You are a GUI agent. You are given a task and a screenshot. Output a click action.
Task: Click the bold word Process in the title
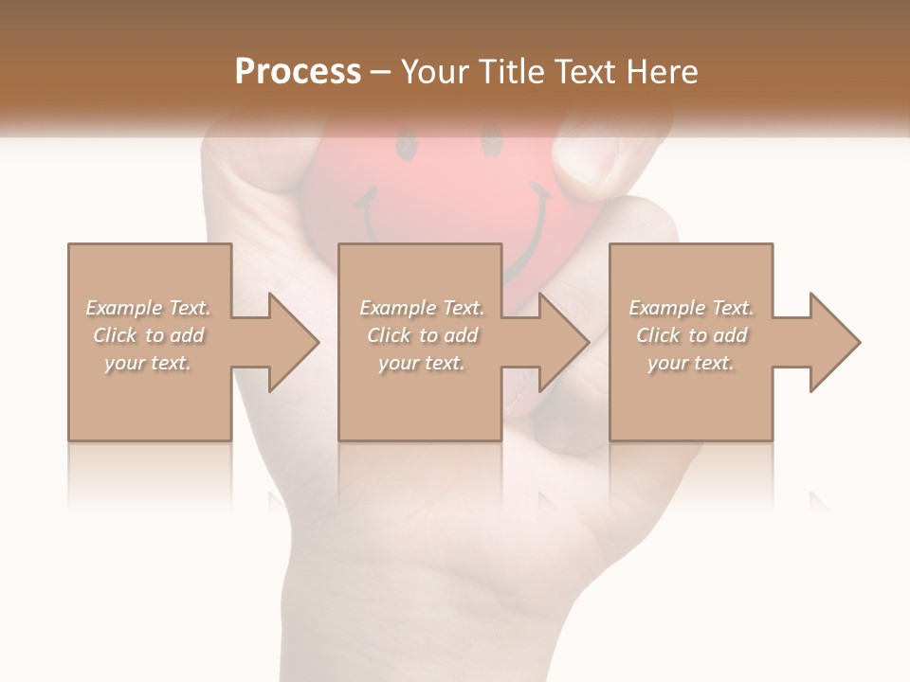tap(298, 72)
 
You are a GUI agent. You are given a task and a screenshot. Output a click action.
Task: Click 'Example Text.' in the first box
tap(148, 308)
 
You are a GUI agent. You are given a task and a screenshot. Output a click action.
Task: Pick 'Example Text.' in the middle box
tap(422, 308)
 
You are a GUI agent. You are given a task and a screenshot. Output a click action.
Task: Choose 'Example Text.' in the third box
tap(691, 308)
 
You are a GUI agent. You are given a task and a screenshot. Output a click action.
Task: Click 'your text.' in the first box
tap(148, 363)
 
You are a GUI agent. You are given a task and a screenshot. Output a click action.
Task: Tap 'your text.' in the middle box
tap(422, 363)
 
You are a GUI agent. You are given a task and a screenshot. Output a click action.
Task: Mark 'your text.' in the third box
tap(691, 363)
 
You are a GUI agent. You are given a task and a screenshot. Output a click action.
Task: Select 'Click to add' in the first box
tap(148, 335)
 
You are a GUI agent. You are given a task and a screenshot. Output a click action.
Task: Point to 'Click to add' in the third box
tap(691, 335)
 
